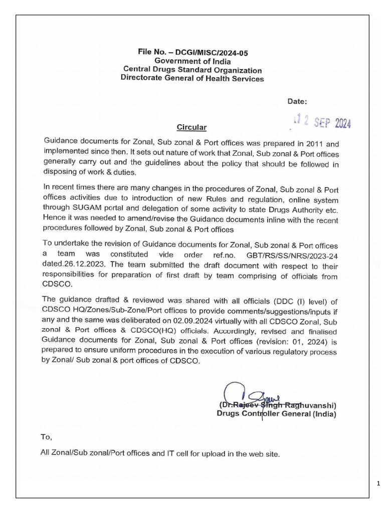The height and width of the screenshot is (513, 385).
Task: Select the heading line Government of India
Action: pos(192,61)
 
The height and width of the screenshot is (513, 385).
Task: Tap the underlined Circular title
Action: pos(191,127)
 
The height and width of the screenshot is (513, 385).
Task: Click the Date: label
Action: pos(297,101)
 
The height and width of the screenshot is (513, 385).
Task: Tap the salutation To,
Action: pos(47,437)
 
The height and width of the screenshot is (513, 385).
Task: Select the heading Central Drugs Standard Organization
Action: pos(192,70)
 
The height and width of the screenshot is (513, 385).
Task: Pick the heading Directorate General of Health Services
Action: pos(192,79)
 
